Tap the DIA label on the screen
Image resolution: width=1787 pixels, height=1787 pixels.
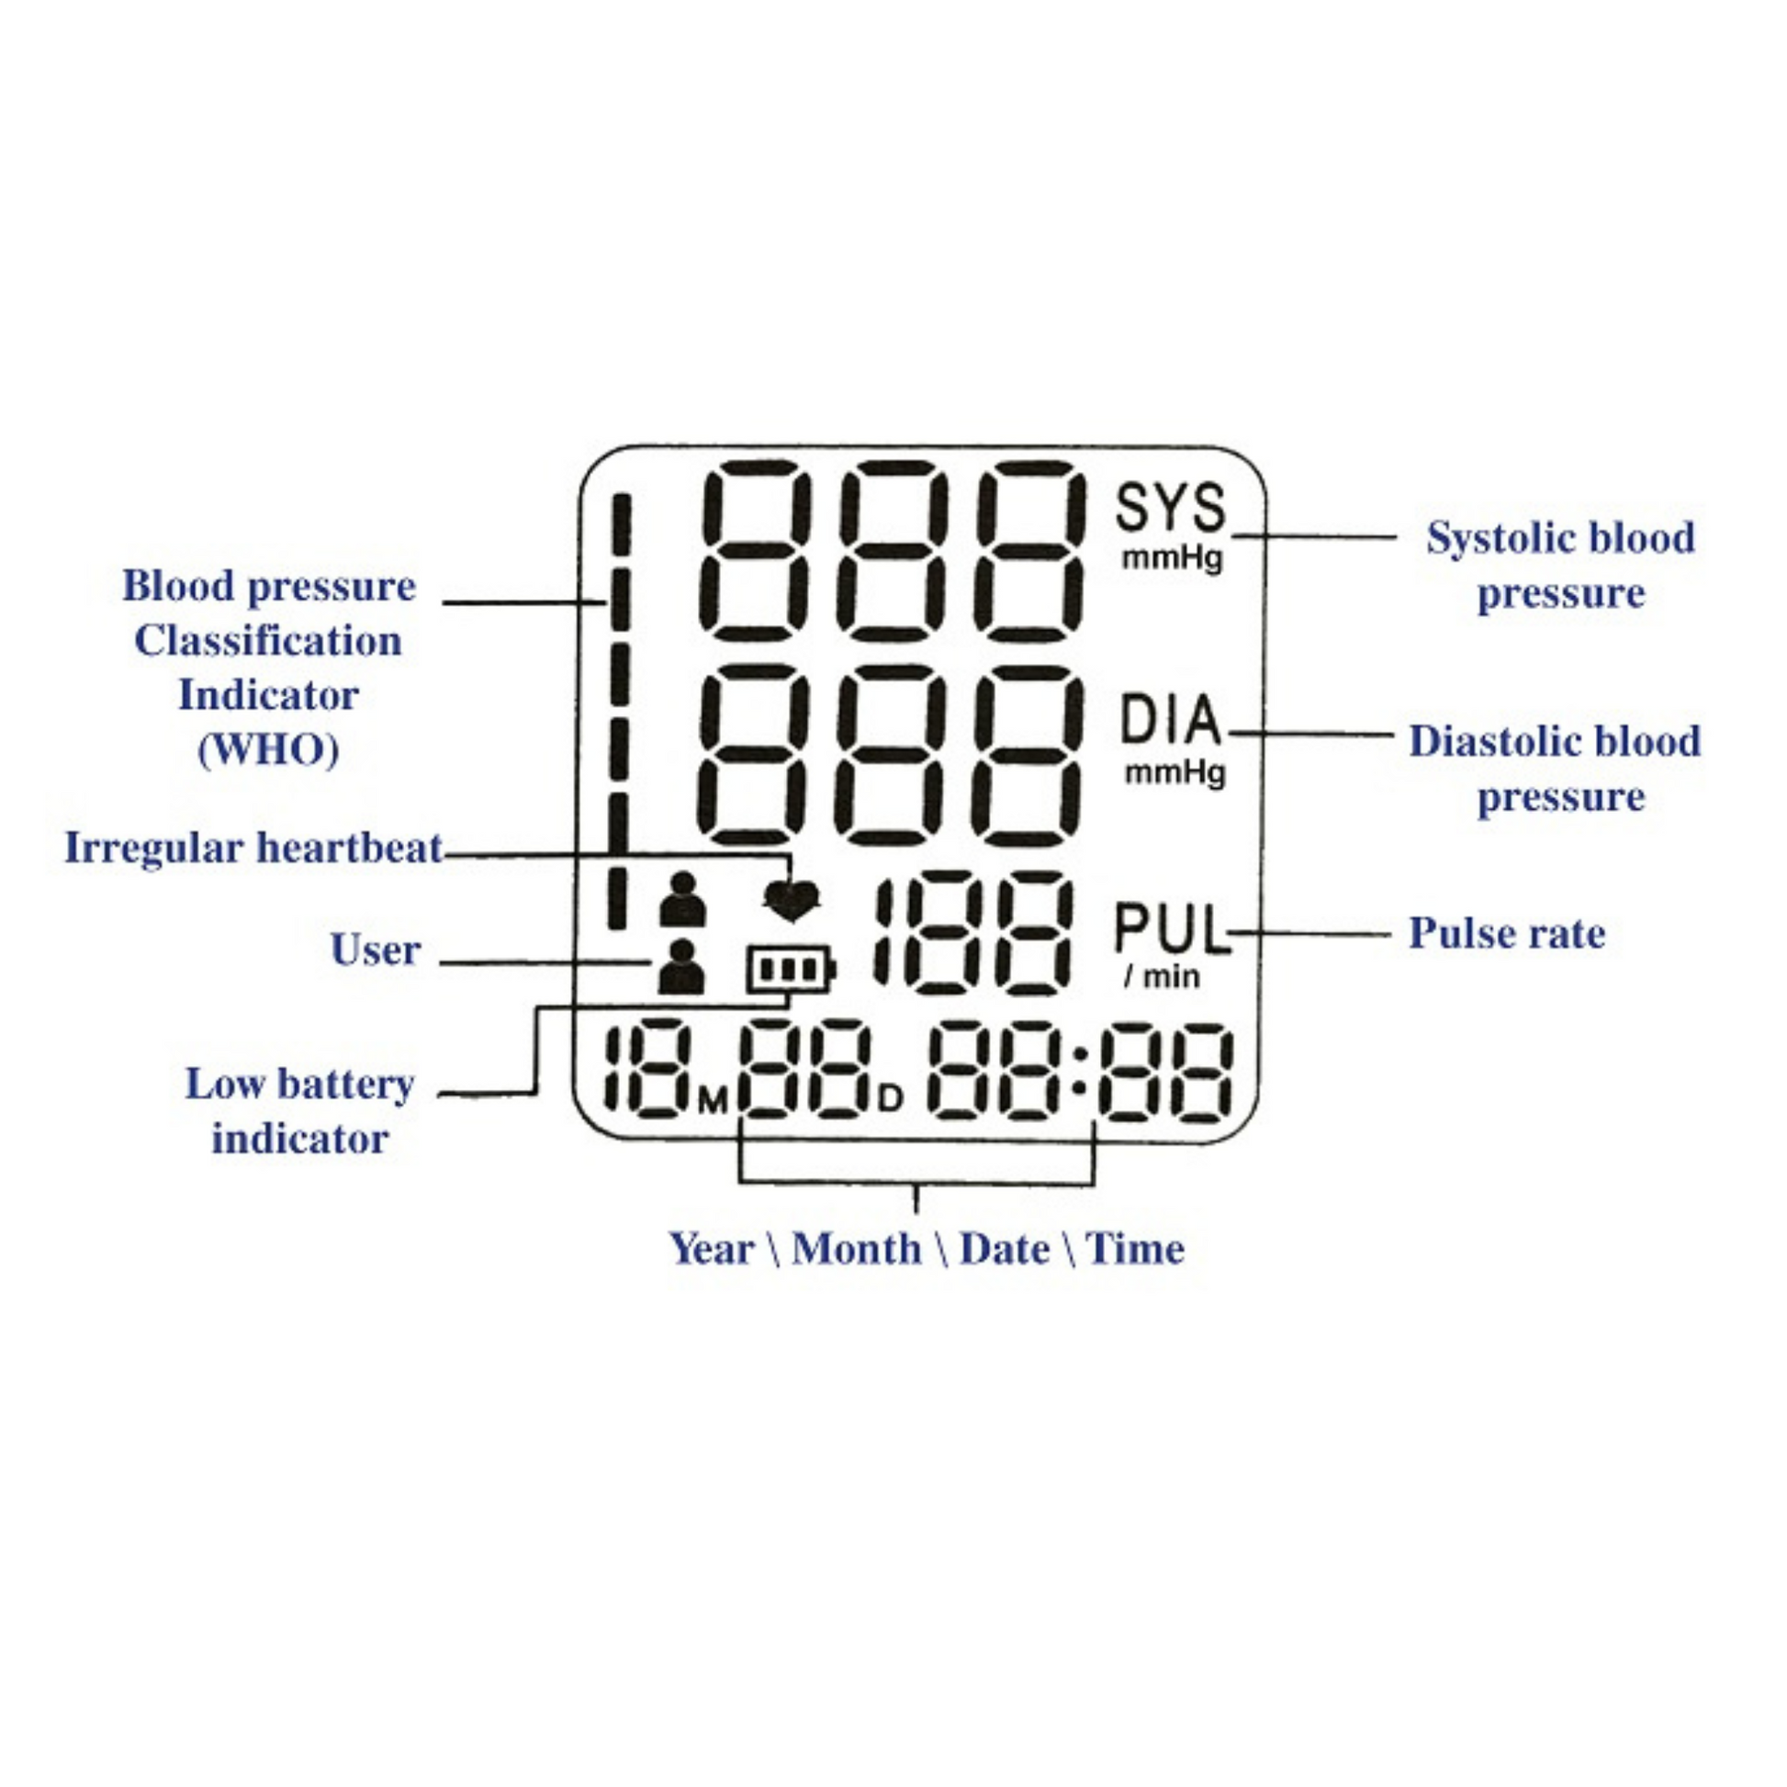(x=1170, y=721)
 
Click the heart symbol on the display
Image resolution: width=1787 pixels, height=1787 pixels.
(x=792, y=899)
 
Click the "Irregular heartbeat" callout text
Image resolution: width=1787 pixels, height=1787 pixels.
(x=253, y=848)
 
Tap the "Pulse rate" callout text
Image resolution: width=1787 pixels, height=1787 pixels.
(x=1506, y=932)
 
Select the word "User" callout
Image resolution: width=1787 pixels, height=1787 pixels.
(x=376, y=950)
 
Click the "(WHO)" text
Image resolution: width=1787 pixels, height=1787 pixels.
(x=268, y=749)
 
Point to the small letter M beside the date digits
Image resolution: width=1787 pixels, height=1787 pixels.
(x=714, y=1101)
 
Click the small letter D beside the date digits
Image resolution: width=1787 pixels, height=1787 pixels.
(x=889, y=1099)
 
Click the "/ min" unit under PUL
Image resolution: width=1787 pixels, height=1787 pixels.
(x=1162, y=976)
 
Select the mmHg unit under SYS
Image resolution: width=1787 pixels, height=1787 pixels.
(x=1173, y=558)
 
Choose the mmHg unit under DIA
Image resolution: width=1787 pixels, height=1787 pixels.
(x=1174, y=771)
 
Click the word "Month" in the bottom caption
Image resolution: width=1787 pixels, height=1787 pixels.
(x=857, y=1249)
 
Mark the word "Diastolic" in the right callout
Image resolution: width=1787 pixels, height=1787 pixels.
(x=1493, y=741)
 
